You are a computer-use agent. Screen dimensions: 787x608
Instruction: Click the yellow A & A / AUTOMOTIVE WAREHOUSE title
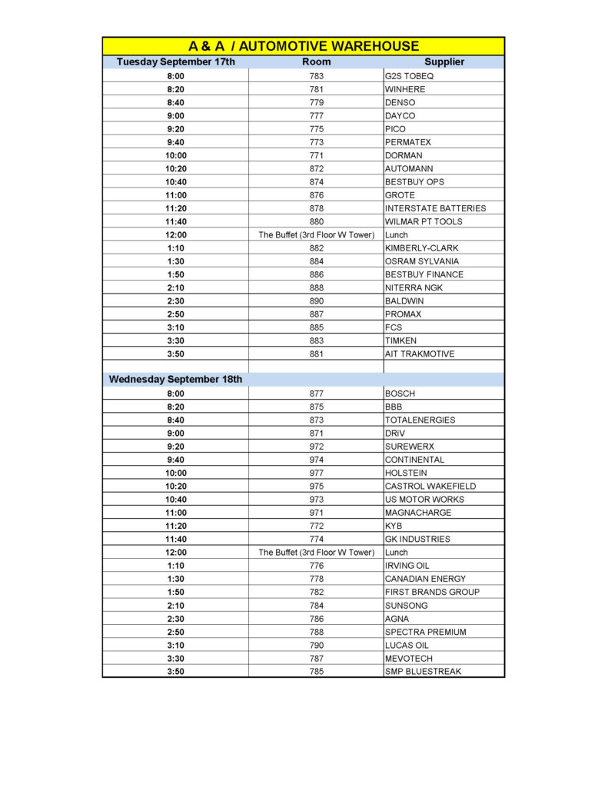(304, 46)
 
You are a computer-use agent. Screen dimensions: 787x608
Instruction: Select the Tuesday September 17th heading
(175, 61)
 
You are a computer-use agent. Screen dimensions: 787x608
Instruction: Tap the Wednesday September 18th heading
(175, 379)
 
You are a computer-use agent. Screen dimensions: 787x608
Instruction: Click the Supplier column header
(444, 61)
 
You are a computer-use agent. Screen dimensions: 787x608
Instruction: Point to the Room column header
(316, 61)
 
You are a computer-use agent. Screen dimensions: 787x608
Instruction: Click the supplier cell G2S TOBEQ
(410, 76)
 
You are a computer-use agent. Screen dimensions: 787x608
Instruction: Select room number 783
(316, 76)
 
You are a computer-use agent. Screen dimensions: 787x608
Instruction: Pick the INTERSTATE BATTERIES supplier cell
(435, 208)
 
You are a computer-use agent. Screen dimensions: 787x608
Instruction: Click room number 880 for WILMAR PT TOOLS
(316, 221)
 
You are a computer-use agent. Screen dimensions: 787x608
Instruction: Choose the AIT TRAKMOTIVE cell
(419, 354)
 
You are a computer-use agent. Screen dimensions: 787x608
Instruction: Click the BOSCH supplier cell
(400, 393)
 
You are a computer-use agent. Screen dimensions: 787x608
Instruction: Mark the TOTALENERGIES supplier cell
(420, 420)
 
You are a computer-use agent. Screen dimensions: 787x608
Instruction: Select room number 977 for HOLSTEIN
(316, 473)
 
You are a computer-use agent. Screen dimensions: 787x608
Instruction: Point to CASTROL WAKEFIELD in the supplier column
(430, 486)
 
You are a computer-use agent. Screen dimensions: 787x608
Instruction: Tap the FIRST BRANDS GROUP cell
(432, 592)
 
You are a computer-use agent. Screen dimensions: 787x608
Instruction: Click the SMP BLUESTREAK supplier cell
(423, 672)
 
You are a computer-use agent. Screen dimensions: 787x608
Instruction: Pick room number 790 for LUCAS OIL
(316, 646)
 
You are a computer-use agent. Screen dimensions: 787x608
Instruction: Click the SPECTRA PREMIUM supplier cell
(425, 632)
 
